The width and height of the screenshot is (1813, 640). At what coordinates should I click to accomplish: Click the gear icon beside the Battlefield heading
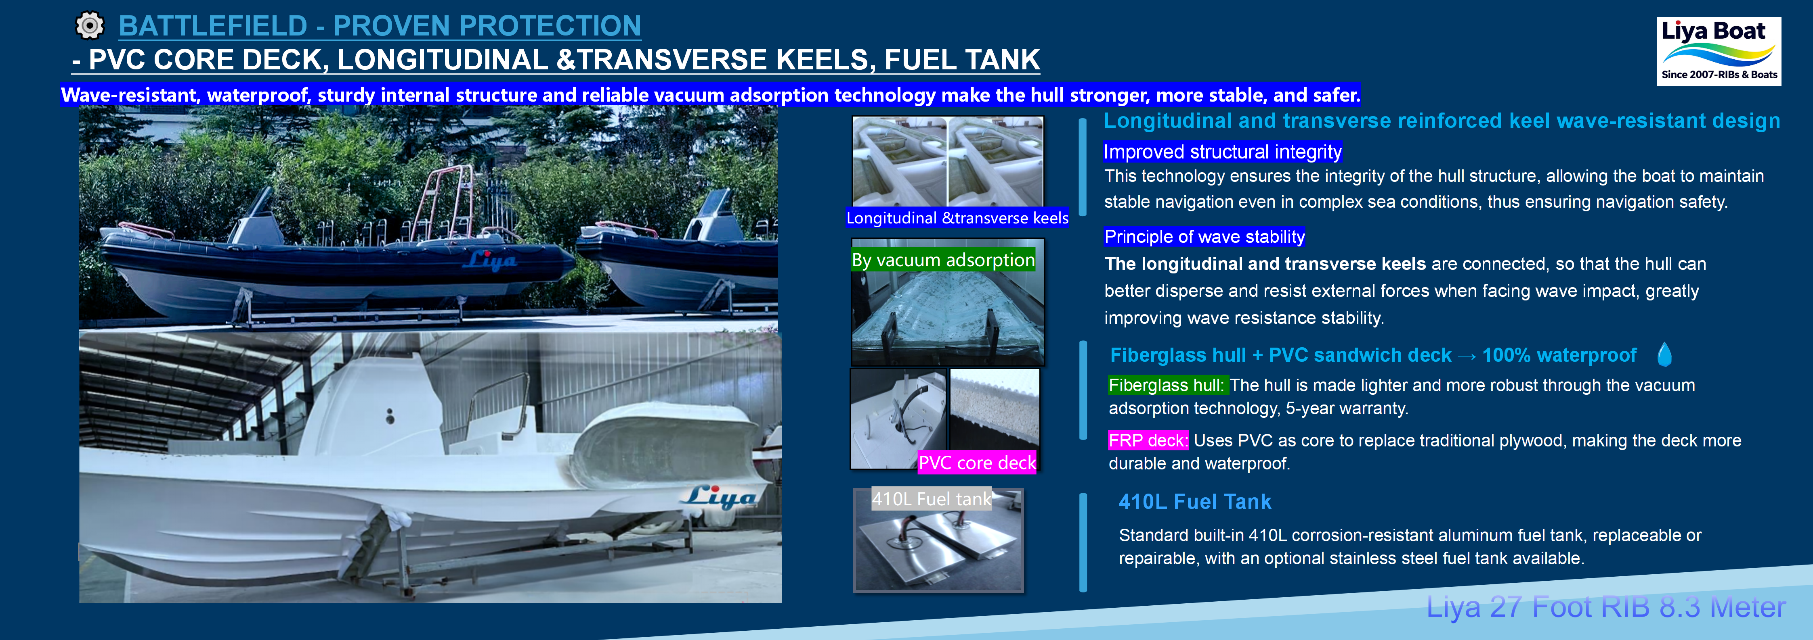89,26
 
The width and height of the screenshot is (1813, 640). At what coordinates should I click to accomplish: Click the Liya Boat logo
1718,51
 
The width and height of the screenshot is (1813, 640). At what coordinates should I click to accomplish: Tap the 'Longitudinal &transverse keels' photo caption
957,218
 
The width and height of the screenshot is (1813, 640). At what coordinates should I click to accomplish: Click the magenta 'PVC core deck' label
977,463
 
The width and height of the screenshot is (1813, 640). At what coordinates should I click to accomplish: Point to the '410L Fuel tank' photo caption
931,499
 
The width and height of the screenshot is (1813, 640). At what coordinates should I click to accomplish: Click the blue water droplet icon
1664,354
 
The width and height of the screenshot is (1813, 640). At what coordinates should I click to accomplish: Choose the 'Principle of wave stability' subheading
1204,237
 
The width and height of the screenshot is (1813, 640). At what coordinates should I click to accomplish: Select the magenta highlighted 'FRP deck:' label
1148,441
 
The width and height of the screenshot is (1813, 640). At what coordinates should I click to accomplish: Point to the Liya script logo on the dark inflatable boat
491,260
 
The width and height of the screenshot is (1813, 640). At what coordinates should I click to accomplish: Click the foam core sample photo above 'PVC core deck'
994,408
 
